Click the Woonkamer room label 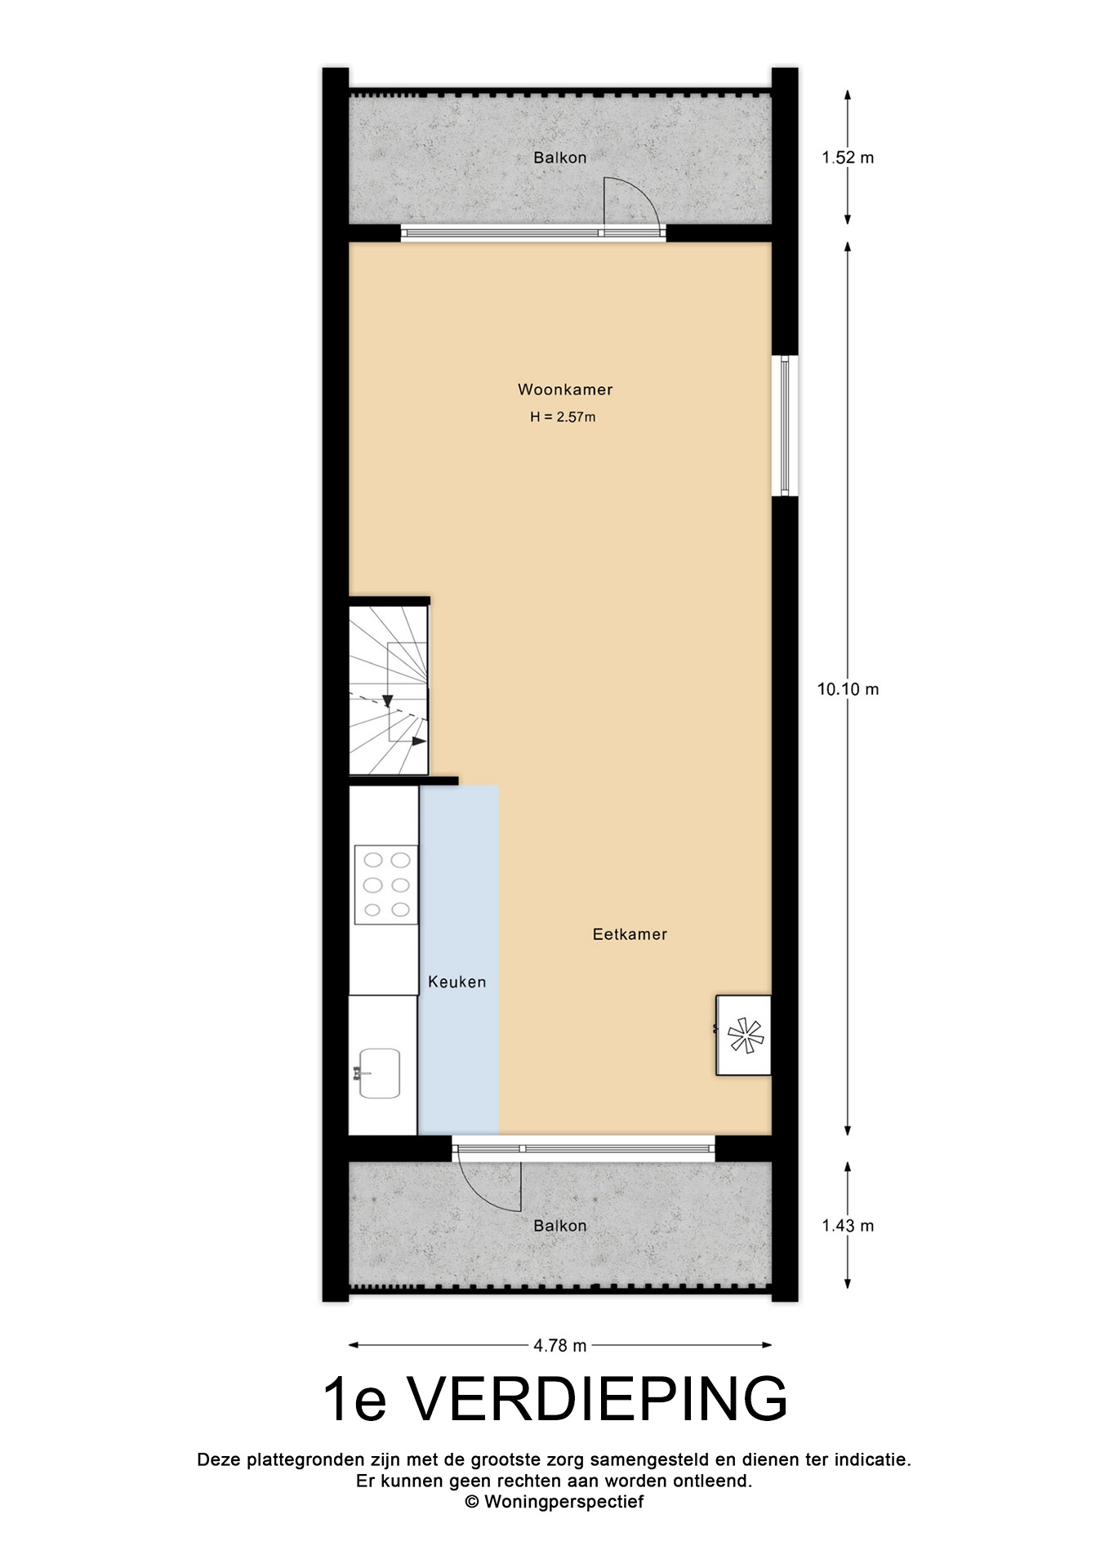click(x=564, y=390)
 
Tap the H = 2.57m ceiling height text click(x=563, y=417)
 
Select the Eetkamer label click(x=630, y=934)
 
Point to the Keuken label click(x=457, y=982)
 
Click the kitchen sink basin click(x=378, y=1073)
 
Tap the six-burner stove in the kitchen click(x=386, y=884)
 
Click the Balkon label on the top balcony click(x=560, y=158)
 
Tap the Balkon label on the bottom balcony click(x=560, y=1226)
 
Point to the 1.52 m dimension click(x=848, y=158)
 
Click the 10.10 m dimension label click(x=848, y=689)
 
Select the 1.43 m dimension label click(x=848, y=1226)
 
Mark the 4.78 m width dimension click(x=560, y=1345)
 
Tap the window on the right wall click(x=785, y=425)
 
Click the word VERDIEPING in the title click(x=598, y=1401)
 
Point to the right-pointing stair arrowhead click(x=418, y=741)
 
